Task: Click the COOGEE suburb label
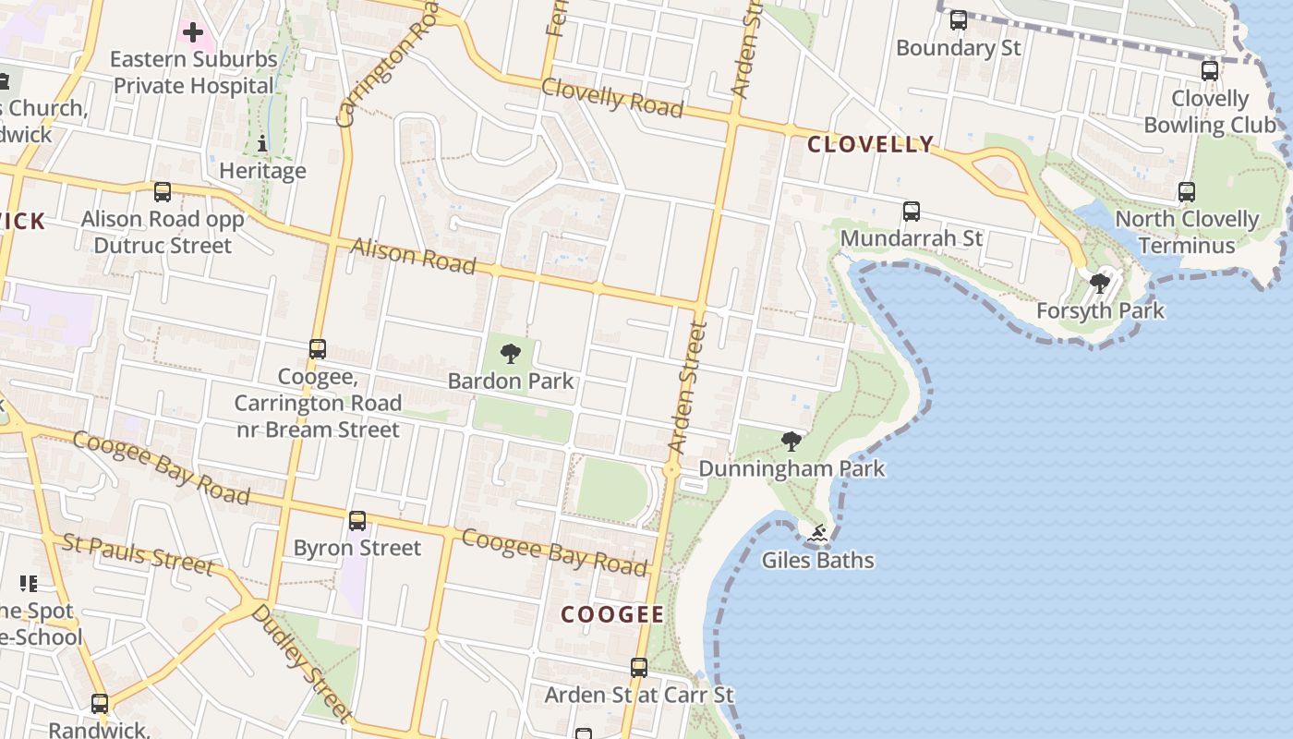click(x=612, y=615)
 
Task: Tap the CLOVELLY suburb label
click(x=871, y=144)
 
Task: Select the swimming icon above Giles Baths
click(x=817, y=533)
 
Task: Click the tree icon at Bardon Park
click(x=510, y=353)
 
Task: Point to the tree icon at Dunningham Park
click(x=791, y=441)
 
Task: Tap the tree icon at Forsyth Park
click(x=1099, y=283)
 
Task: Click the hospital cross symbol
click(x=192, y=33)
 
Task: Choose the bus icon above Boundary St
click(x=959, y=19)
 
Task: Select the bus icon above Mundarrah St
click(x=912, y=212)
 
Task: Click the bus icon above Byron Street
click(x=357, y=521)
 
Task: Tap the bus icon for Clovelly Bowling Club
click(x=1210, y=70)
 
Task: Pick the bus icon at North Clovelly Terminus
click(x=1187, y=192)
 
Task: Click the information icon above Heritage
click(x=262, y=143)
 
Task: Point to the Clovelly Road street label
click(x=612, y=97)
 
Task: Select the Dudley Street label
click(x=301, y=661)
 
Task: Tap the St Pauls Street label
click(x=139, y=552)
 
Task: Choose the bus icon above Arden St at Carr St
click(x=639, y=667)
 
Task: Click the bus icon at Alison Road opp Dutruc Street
click(x=163, y=192)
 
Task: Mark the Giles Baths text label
click(x=817, y=560)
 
